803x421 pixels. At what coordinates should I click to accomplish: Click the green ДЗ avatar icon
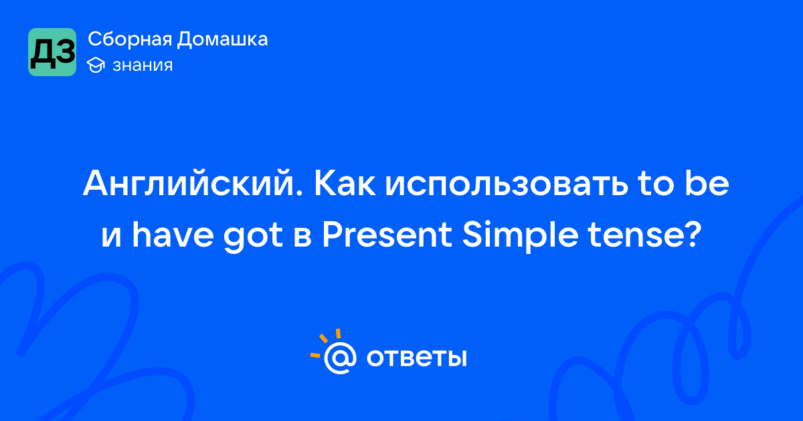(52, 52)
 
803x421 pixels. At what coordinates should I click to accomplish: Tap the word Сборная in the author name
(130, 39)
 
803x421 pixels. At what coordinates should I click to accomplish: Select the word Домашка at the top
(222, 39)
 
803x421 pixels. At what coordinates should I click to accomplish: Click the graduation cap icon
(96, 65)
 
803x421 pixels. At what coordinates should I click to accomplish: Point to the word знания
(143, 66)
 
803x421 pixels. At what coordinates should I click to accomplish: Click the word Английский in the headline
(193, 183)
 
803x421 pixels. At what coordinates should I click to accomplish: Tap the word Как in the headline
(345, 184)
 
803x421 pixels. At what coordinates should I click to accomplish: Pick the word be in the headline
(707, 182)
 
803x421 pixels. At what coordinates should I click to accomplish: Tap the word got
(253, 238)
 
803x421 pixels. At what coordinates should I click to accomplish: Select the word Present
(387, 235)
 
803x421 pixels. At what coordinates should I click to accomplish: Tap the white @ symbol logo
(340, 358)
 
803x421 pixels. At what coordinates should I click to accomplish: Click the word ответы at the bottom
(416, 358)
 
